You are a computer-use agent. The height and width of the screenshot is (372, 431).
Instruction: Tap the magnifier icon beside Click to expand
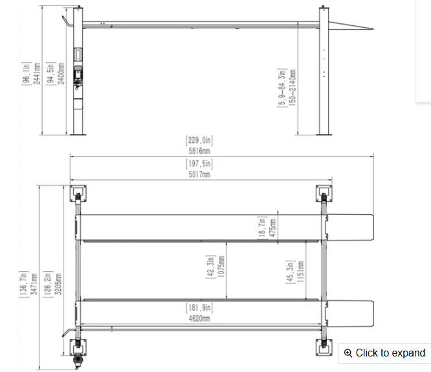click(x=349, y=353)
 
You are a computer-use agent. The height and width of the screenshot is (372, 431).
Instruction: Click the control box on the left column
click(x=78, y=74)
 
